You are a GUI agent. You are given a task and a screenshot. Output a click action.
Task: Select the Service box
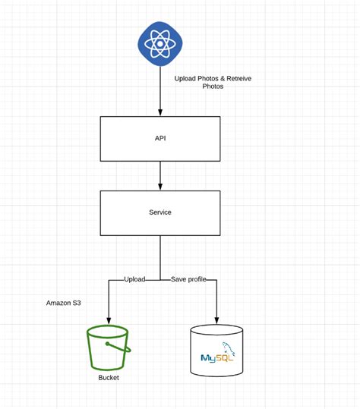[x=159, y=212]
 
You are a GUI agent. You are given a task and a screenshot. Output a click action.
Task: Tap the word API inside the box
[x=159, y=139]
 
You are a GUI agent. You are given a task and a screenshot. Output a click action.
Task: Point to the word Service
[x=159, y=212]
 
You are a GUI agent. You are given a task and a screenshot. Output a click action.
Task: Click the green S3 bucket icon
[x=109, y=348]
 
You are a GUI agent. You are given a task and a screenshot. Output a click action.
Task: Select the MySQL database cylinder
[x=217, y=351]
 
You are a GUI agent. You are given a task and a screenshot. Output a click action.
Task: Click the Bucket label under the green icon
[x=109, y=378]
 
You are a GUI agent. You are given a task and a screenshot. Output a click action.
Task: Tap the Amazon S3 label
[x=63, y=303]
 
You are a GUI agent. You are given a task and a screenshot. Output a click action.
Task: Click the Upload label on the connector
[x=134, y=280]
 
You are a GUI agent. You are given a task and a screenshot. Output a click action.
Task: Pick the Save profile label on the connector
[x=189, y=280]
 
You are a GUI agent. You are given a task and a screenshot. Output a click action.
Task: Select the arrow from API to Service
[x=159, y=175]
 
